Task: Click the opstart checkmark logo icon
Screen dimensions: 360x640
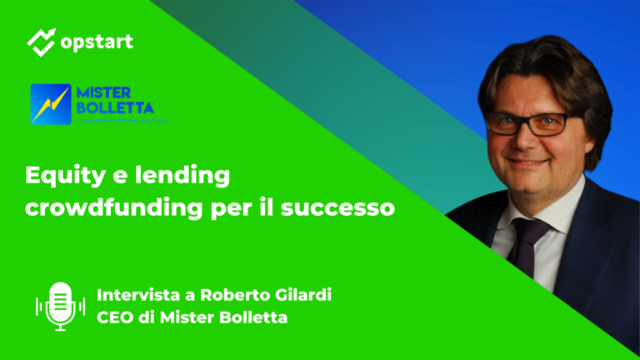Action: [x=42, y=42]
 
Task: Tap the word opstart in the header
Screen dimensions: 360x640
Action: [x=96, y=41]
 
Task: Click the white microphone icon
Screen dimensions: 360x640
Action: [x=60, y=305]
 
